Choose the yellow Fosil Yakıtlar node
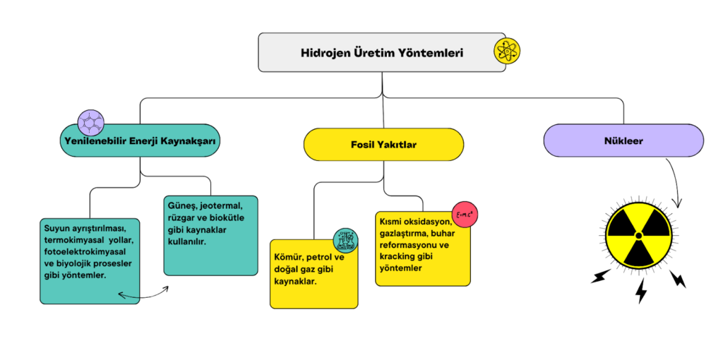click(383, 145)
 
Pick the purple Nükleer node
click(623, 140)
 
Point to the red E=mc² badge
click(465, 213)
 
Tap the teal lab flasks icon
click(346, 241)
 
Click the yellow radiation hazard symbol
click(638, 234)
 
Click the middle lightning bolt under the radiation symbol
click(641, 290)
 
